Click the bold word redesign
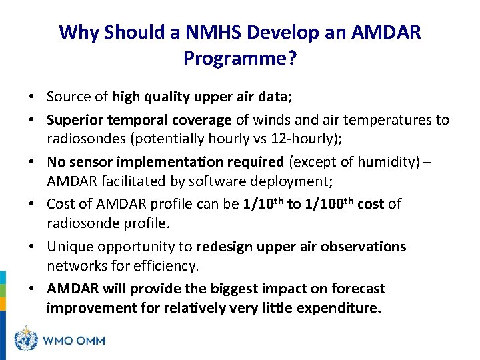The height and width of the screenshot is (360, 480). (x=224, y=247)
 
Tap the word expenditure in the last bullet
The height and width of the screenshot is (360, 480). (x=339, y=308)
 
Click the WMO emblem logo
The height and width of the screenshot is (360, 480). (x=27, y=339)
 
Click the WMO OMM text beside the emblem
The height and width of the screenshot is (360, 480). (x=73, y=341)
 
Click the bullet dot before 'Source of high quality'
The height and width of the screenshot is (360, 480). (x=33, y=97)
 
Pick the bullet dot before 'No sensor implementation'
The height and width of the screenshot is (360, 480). (x=33, y=162)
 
